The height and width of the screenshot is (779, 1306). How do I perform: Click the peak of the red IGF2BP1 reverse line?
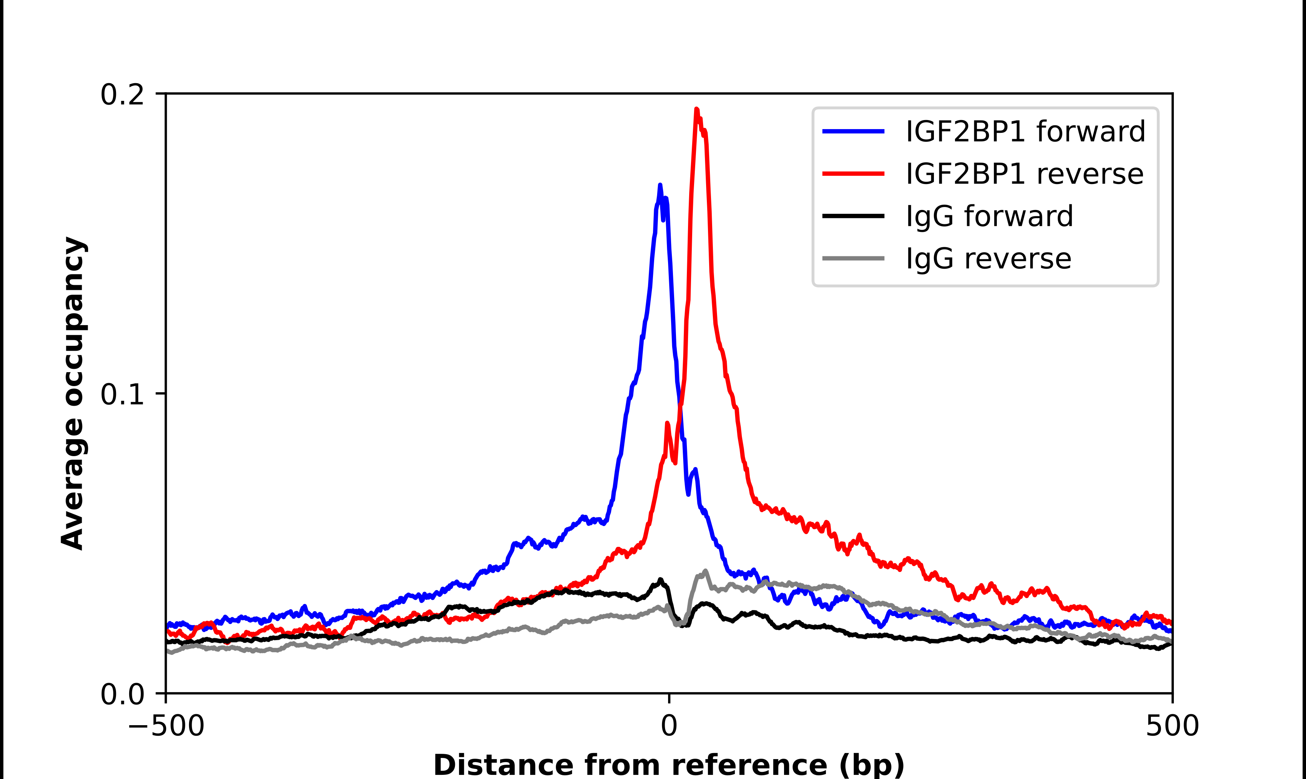(696, 110)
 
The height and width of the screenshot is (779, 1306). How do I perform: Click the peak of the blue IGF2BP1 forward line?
(660, 185)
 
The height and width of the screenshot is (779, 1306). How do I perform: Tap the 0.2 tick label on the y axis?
(122, 95)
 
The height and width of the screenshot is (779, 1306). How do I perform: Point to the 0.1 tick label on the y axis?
(122, 394)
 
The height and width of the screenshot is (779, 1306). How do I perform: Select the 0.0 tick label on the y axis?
(122, 694)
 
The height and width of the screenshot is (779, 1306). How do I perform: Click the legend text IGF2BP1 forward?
(1025, 131)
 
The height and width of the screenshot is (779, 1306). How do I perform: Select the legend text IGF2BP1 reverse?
(1024, 174)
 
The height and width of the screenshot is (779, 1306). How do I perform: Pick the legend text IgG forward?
(989, 216)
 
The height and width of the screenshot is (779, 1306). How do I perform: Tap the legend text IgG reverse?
(988, 259)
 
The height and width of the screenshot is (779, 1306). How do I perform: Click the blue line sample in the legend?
(853, 131)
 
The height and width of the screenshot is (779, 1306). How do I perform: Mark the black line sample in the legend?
(853, 216)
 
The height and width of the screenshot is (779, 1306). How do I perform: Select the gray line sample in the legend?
(853, 258)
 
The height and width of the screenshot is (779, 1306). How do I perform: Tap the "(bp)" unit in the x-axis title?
(872, 765)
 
